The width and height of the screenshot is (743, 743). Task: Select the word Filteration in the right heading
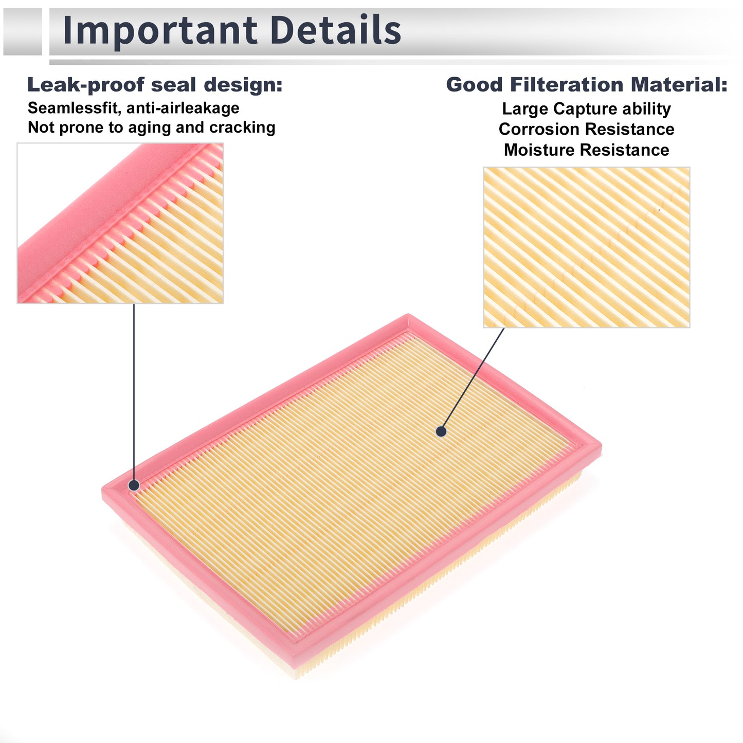pos(567,84)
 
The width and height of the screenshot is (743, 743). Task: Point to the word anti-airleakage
pos(183,108)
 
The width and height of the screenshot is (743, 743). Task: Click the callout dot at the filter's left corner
pos(134,485)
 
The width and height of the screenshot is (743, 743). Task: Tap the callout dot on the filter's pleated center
pos(441,431)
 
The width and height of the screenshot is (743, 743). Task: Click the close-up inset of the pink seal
pos(120,223)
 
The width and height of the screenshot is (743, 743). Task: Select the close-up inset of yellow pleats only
pos(587,247)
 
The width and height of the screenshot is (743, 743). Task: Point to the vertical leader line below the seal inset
pos(134,392)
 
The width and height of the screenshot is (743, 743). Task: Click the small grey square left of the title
pos(22,31)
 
